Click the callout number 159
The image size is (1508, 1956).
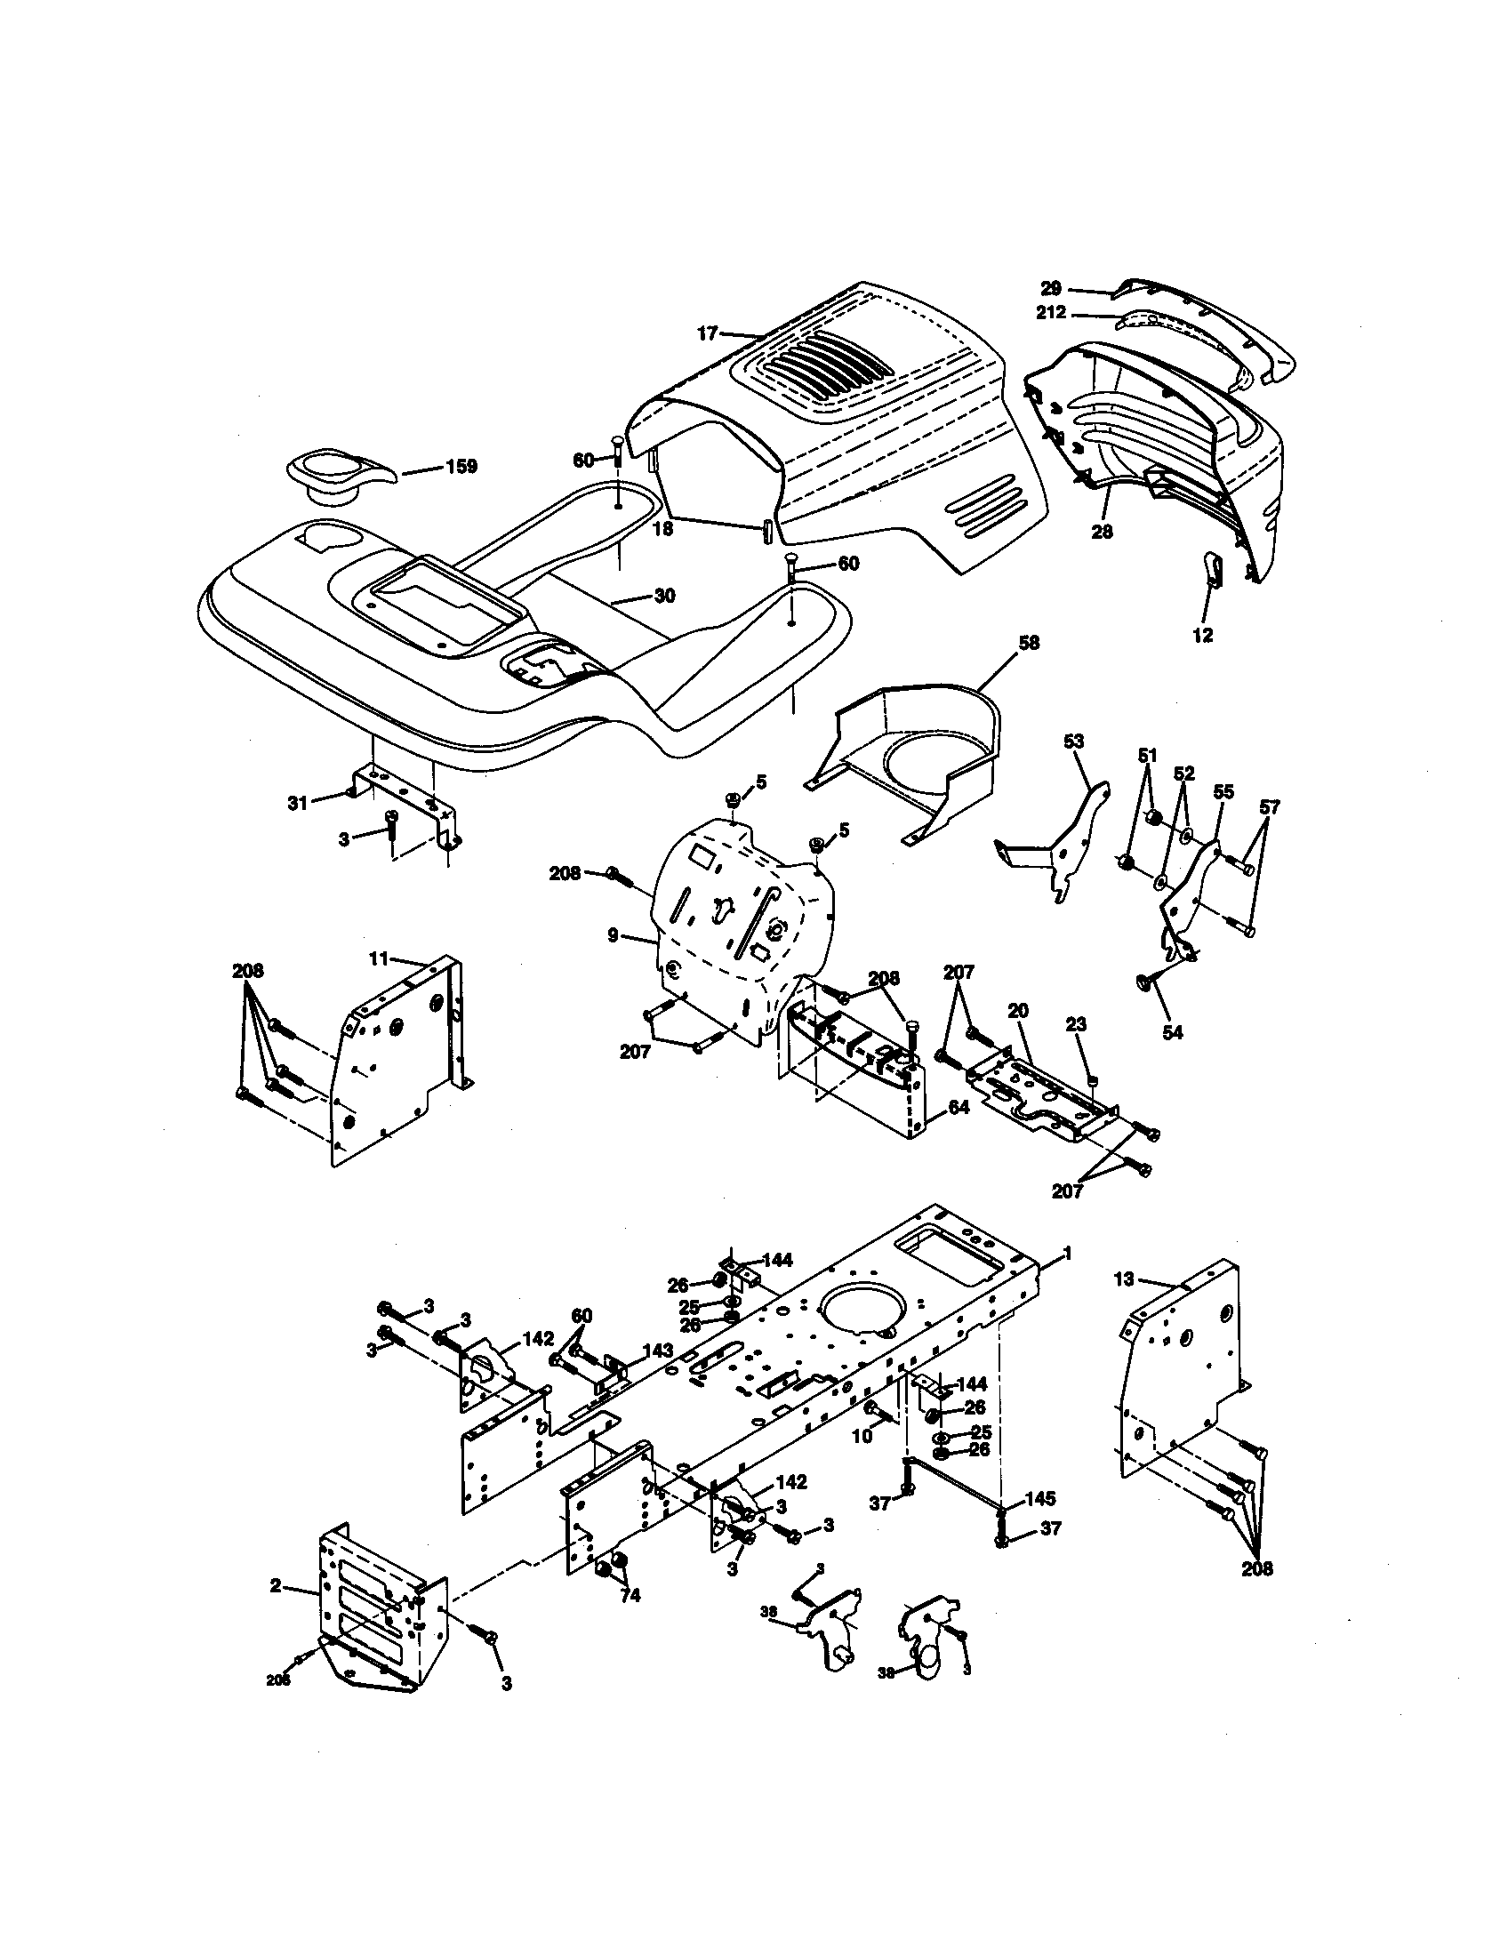pyautogui.click(x=461, y=467)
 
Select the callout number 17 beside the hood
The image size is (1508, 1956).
pyautogui.click(x=708, y=333)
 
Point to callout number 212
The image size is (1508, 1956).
pyautogui.click(x=1051, y=313)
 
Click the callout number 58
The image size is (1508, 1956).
pyautogui.click(x=1029, y=643)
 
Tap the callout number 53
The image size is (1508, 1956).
pyautogui.click(x=1074, y=742)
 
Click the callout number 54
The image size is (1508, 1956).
pyautogui.click(x=1172, y=1032)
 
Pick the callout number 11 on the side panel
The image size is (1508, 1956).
pyautogui.click(x=379, y=958)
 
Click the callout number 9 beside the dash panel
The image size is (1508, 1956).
pyautogui.click(x=613, y=936)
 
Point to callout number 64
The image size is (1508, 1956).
pyautogui.click(x=959, y=1108)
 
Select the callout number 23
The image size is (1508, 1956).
pyautogui.click(x=1077, y=1023)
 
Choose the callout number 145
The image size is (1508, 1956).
pyautogui.click(x=1039, y=1498)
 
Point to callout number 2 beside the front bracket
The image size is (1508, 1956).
pyautogui.click(x=276, y=1586)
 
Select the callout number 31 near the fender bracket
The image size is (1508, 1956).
pyautogui.click(x=296, y=804)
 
